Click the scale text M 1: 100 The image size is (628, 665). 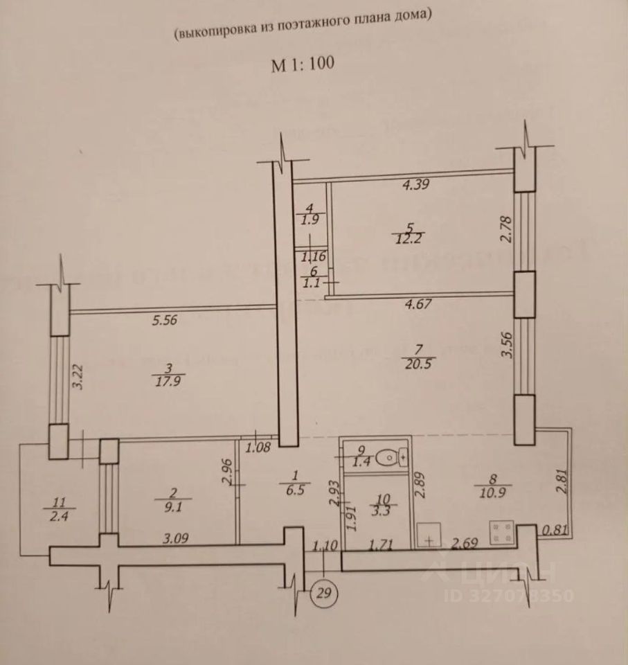pos(303,64)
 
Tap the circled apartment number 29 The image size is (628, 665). pos(324,593)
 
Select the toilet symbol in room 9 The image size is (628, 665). pos(396,456)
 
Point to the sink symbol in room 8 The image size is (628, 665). pos(431,536)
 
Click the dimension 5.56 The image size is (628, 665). pos(166,320)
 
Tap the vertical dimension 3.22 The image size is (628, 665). pos(78,375)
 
